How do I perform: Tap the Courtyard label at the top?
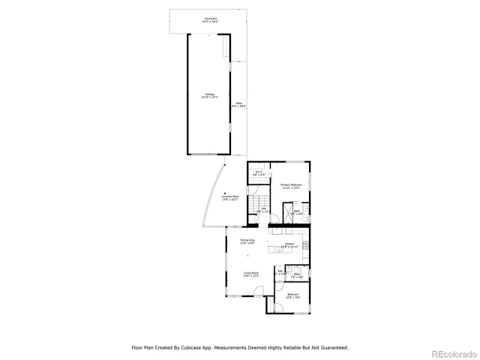210,19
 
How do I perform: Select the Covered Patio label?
229,198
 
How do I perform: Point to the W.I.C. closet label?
259,173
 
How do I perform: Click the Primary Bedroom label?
291,186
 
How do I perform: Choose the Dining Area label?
247,241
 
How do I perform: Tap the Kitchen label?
290,245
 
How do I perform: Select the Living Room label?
250,274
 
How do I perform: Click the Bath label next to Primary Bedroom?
297,212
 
